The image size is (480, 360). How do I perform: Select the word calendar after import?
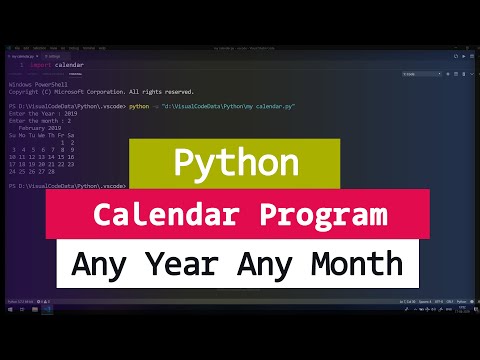[69, 65]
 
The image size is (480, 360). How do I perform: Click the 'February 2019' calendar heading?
[40, 128]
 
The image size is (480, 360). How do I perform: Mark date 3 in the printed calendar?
[14, 149]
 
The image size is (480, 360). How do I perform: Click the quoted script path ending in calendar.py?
[229, 105]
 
